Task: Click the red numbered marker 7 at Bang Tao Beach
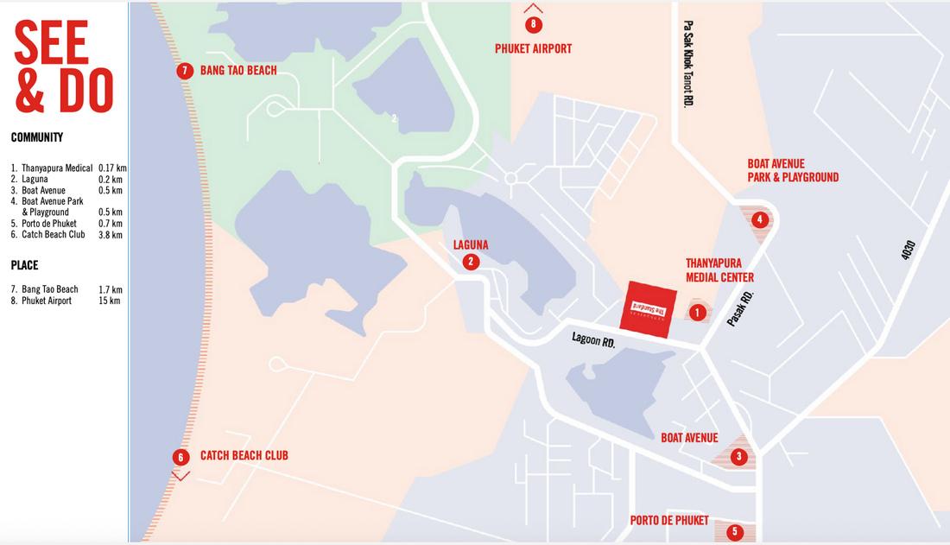point(184,71)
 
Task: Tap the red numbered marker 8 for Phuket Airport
point(534,24)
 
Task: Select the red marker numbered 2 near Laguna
point(471,262)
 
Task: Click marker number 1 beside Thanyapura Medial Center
point(698,312)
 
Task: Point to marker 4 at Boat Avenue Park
point(759,219)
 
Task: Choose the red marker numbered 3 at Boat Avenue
point(738,457)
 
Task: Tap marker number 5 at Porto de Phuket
point(734,532)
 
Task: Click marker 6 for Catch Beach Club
point(180,457)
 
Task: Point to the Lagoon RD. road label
point(592,340)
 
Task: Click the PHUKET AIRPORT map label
point(533,48)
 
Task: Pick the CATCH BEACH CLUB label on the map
point(244,455)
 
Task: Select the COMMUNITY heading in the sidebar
point(37,137)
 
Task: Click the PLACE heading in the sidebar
point(25,265)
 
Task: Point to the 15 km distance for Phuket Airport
point(110,301)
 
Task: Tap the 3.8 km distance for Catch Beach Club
point(111,234)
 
